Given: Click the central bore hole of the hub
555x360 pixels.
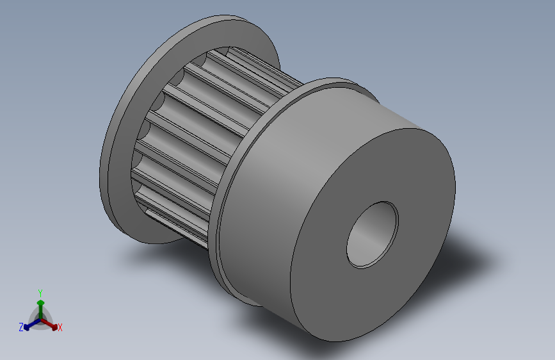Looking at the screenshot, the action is click(373, 234).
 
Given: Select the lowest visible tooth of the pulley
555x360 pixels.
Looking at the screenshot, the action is click(177, 227).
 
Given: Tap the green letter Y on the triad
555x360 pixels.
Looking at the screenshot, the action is click(40, 293).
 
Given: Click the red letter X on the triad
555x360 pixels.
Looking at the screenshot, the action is click(60, 327).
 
